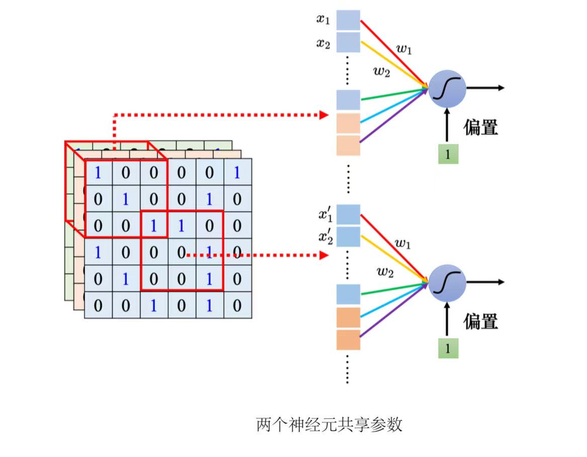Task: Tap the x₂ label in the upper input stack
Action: [323, 43]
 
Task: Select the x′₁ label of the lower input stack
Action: [324, 215]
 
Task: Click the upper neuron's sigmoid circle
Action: [447, 89]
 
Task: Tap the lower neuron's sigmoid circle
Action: [447, 283]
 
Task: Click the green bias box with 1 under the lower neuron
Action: [447, 349]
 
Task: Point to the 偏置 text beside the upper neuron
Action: [480, 127]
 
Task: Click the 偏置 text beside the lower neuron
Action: [480, 321]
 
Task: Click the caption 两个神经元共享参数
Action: [329, 425]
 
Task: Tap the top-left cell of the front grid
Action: [98, 172]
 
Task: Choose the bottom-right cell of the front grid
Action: [237, 305]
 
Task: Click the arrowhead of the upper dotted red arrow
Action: [324, 115]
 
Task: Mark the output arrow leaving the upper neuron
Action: [485, 88]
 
